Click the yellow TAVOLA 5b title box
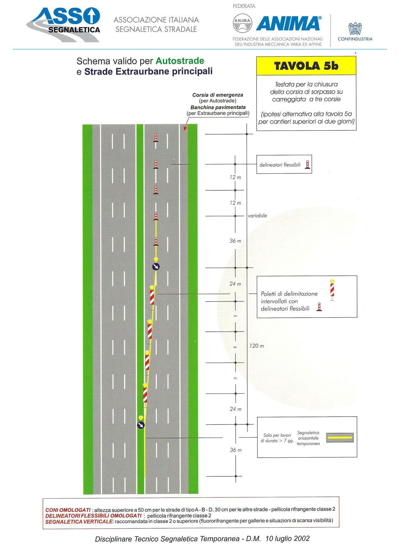click(x=306, y=66)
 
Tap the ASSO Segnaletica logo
click(x=64, y=24)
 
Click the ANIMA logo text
click(x=289, y=23)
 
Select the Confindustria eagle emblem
click(x=355, y=28)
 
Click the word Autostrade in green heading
click(x=180, y=61)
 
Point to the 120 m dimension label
click(x=257, y=346)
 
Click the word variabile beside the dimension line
click(x=257, y=216)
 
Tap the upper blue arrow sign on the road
click(x=156, y=267)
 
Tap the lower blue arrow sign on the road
click(x=141, y=425)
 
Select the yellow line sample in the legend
click(x=340, y=437)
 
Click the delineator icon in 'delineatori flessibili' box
click(x=307, y=164)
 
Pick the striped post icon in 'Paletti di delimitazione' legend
click(x=332, y=290)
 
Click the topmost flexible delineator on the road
click(x=156, y=138)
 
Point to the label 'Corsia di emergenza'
click(x=218, y=95)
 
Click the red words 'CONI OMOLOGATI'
click(x=68, y=510)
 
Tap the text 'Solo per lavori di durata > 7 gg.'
click(x=277, y=438)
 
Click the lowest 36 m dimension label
click(x=236, y=450)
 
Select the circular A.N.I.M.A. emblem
click(x=242, y=23)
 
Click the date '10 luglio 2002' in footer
click(x=287, y=538)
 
